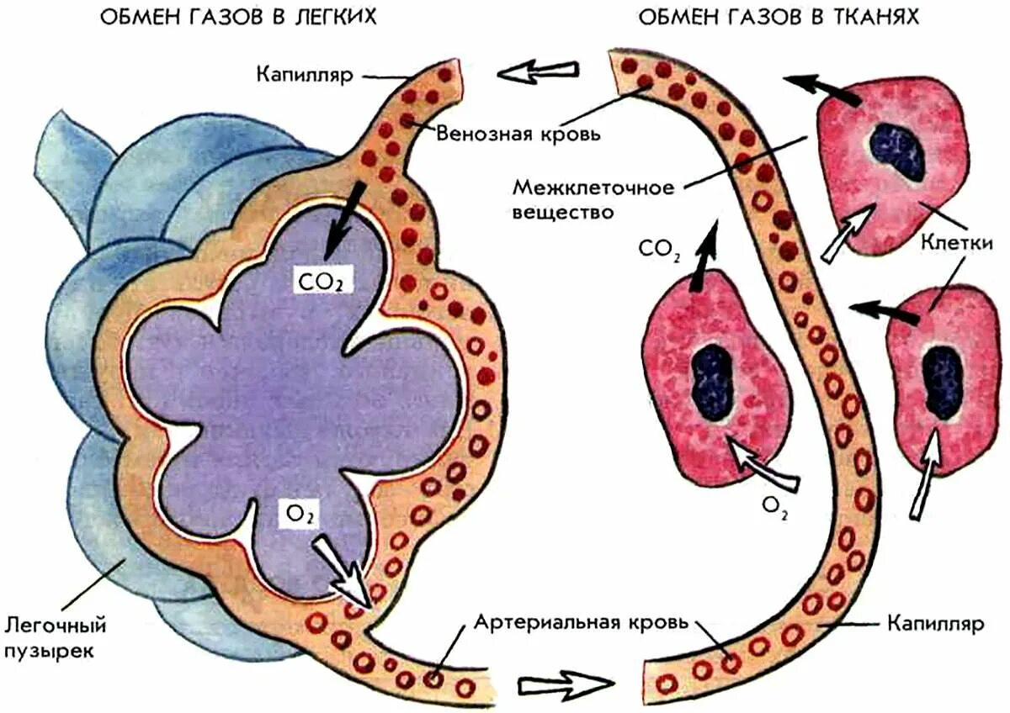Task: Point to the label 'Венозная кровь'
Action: [x=518, y=134]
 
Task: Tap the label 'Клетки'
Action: [x=959, y=243]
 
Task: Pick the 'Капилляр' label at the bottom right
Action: [x=934, y=625]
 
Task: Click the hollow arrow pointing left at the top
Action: [x=537, y=71]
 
